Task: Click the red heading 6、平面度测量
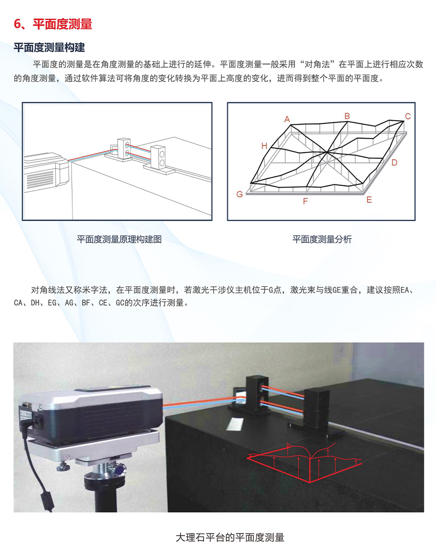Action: point(53,24)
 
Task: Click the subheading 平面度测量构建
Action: point(49,48)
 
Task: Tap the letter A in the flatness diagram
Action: point(287,119)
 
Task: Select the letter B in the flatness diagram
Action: point(347,116)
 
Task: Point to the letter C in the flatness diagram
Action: point(408,116)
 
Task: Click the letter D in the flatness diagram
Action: point(394,163)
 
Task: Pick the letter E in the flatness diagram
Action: point(369,200)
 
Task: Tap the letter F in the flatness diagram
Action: point(305,201)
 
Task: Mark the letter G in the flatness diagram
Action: point(239,194)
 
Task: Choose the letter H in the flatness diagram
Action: point(264,146)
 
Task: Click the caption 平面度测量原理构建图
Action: point(119,239)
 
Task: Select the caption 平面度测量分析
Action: point(322,239)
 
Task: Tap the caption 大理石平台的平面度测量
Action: point(230,538)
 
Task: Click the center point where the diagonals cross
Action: point(327,153)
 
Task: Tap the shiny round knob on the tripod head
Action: point(119,470)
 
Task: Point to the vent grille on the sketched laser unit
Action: point(40,179)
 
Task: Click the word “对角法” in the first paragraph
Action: point(317,64)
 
